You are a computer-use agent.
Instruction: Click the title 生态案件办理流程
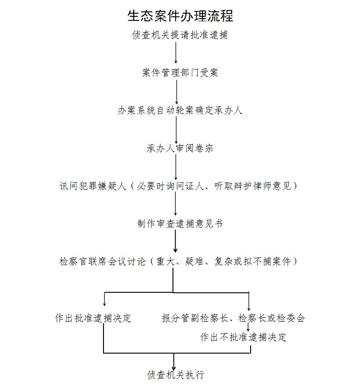click(180, 16)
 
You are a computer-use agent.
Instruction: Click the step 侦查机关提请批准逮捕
click(180, 35)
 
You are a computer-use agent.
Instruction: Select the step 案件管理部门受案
click(180, 73)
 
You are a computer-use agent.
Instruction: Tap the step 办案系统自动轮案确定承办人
click(180, 110)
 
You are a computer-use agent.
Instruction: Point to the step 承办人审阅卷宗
click(180, 148)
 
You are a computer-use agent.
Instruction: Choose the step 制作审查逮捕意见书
click(180, 223)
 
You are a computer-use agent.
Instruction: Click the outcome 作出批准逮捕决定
click(93, 318)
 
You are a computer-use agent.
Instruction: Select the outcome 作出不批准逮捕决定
click(243, 337)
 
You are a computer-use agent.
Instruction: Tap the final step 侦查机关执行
click(175, 374)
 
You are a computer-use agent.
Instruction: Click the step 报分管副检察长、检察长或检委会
click(233, 318)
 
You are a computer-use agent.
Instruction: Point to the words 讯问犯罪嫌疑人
click(93, 186)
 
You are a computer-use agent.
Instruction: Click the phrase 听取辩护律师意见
click(252, 186)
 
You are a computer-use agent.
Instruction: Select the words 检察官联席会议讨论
click(103, 261)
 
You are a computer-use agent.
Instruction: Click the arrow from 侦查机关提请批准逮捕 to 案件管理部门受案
click(176, 53)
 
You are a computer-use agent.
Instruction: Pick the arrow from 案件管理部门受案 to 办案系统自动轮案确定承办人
click(177, 92)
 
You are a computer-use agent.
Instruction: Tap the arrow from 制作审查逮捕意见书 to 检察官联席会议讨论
click(175, 241)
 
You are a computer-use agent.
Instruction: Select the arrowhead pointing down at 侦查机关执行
click(174, 368)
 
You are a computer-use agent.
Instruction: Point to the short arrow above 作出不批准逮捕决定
click(248, 327)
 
